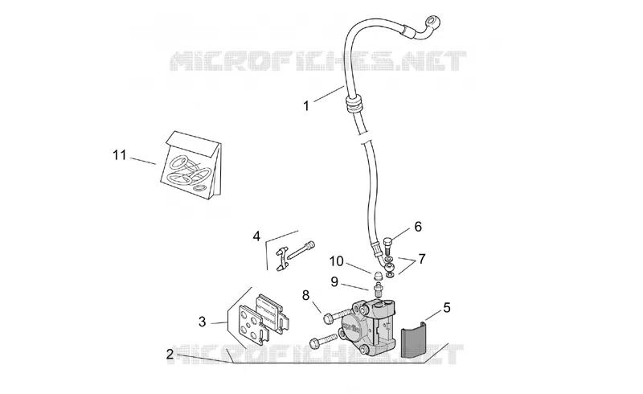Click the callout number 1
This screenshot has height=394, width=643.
tap(306, 106)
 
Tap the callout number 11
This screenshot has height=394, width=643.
tap(119, 155)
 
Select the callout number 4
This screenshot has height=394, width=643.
tap(256, 236)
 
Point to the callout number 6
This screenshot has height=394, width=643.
tap(418, 227)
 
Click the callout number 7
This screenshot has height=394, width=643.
tap(421, 259)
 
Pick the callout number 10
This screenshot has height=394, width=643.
tap(336, 261)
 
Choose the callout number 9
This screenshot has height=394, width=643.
tap(334, 282)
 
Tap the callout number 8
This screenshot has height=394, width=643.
tap(306, 295)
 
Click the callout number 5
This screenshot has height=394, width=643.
tap(447, 307)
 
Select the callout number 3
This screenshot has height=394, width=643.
tap(202, 322)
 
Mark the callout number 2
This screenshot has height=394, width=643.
tap(170, 354)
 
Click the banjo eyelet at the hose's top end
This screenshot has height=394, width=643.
tap(432, 21)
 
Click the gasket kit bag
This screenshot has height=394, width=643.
tap(190, 166)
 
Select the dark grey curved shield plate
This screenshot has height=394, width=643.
tap(413, 339)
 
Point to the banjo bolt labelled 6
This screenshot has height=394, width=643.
tap(388, 245)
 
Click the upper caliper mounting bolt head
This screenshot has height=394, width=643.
tap(329, 318)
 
